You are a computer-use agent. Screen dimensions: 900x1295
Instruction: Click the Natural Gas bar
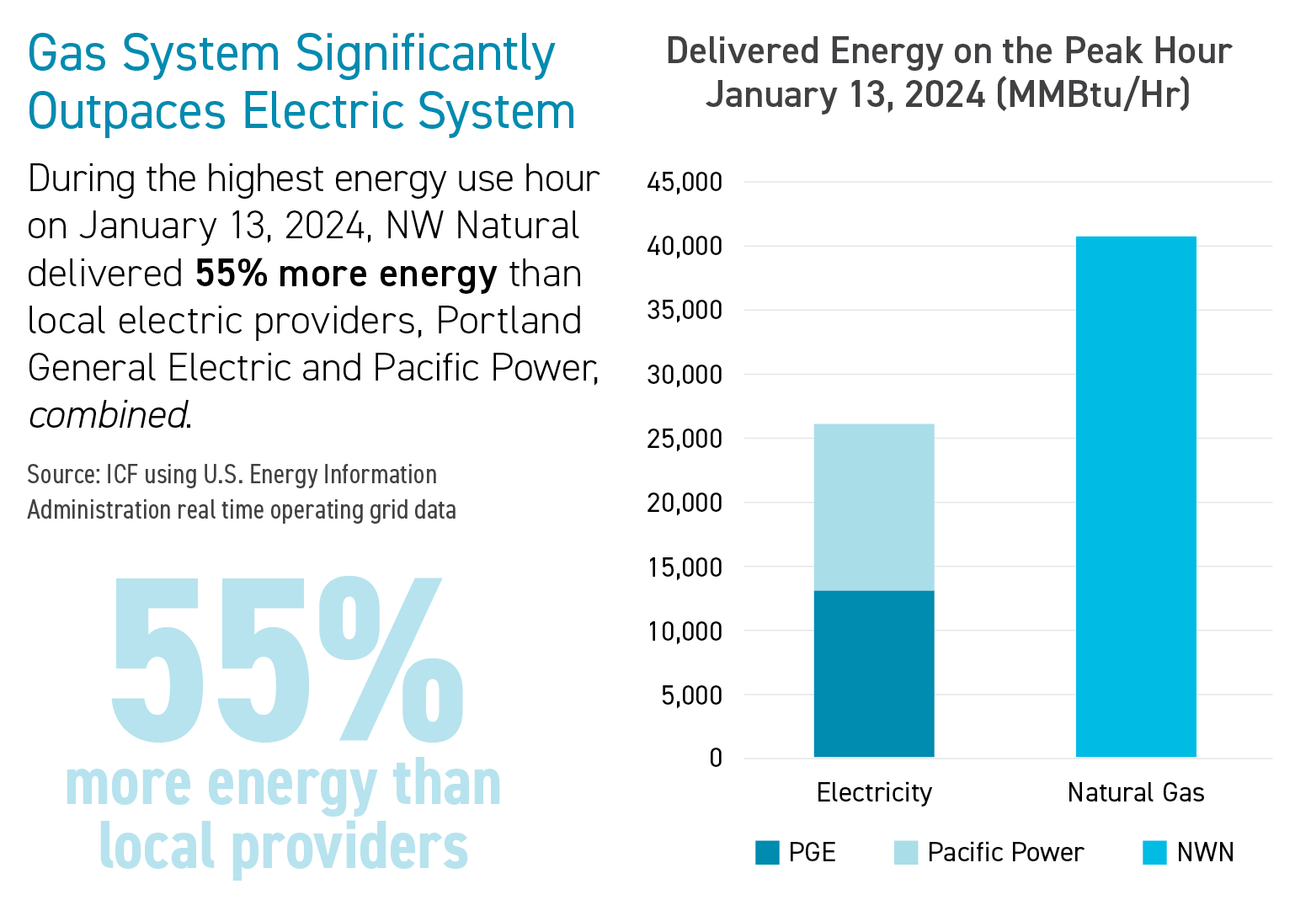pos(1136,497)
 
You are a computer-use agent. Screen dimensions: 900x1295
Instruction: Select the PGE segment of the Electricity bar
pos(874,674)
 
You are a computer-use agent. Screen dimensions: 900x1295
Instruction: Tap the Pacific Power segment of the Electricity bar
pos(874,507)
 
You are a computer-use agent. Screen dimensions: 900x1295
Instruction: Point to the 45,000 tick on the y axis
pos(685,182)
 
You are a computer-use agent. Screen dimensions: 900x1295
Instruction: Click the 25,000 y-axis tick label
pos(685,439)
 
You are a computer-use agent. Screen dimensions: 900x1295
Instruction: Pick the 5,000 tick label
pos(691,695)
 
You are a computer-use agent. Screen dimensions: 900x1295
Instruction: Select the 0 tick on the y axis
pos(716,759)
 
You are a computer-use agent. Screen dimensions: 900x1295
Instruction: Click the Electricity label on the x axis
pos(874,793)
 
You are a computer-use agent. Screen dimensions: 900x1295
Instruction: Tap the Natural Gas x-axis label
pos(1136,793)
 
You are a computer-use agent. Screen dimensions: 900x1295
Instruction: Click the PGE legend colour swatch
pos(767,853)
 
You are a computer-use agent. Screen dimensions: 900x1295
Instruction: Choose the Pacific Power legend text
pos(1005,853)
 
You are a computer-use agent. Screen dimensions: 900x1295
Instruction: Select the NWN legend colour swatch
pos(1154,853)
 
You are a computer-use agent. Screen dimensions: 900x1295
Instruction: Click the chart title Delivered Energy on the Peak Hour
pos(949,51)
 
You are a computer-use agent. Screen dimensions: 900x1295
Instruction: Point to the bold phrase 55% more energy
pos(346,274)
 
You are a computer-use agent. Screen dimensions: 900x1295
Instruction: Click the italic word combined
pos(108,415)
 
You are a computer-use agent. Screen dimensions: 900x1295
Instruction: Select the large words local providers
pos(284,847)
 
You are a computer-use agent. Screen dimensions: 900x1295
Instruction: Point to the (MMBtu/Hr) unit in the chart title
pos(1093,94)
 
